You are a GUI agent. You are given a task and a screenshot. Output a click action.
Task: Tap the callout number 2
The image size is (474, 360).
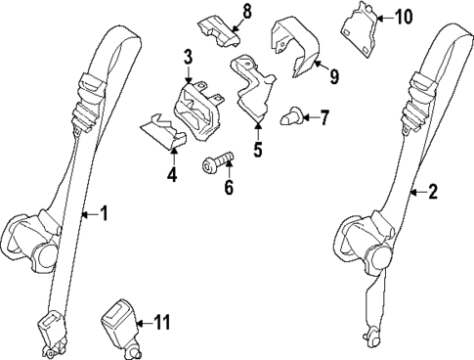pos(433,192)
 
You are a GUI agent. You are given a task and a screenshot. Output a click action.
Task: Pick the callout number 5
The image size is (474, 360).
pos(258,150)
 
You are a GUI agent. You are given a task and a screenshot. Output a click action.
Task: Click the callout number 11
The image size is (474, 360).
pos(162,321)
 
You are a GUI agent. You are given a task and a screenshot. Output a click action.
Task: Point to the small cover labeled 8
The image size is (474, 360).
pos(220,29)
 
